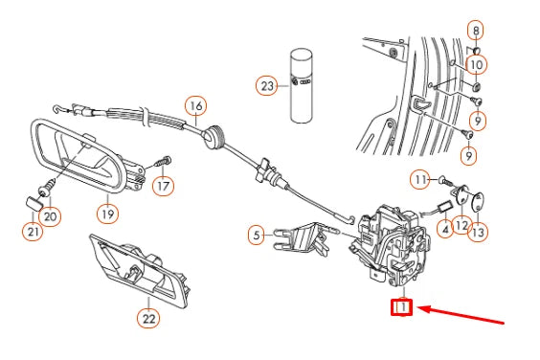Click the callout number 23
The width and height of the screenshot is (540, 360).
coord(267,86)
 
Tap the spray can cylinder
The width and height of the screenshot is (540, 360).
coord(302,85)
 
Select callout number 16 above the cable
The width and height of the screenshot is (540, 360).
coord(196,106)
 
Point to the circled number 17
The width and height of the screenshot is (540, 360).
coord(163,187)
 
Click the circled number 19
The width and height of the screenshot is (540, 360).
coord(107,214)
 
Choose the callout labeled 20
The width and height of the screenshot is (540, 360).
coord(50,216)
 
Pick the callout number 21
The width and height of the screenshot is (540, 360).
coord(33,231)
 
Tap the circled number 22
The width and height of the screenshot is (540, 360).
coord(148,318)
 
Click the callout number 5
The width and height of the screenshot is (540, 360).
coord(257,236)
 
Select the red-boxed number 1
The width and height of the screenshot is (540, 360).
coord(401,306)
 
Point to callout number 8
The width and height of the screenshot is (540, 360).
coord(476,31)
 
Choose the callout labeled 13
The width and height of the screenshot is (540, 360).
coord(478,233)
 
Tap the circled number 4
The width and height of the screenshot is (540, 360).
coord(445,229)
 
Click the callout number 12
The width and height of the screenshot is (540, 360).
coord(461,226)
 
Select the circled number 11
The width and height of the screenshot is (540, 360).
coord(420,180)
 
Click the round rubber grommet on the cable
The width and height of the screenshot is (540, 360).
coord(214,138)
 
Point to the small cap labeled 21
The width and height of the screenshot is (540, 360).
coord(34,203)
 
